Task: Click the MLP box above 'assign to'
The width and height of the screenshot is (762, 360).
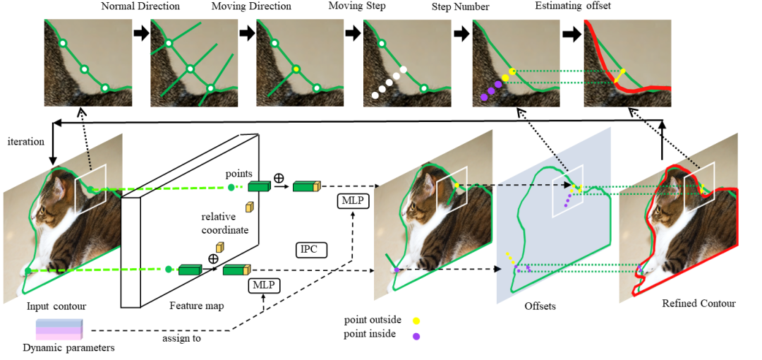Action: [264, 286]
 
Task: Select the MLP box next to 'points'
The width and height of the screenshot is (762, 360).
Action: [353, 202]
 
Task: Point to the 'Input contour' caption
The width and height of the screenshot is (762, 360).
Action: [56, 306]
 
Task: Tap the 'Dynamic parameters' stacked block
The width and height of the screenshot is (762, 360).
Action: [60, 330]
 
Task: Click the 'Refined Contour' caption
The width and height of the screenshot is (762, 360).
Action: [698, 304]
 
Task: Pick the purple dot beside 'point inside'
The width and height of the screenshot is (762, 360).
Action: [416, 336]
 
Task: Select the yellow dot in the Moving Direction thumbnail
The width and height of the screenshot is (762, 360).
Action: [296, 69]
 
